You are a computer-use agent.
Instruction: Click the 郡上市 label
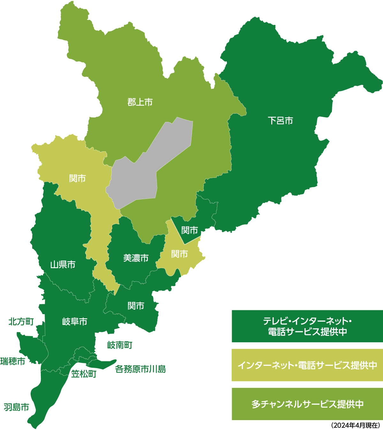[140, 102]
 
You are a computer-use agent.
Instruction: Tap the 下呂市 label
[280, 121]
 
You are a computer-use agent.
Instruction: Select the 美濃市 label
[136, 258]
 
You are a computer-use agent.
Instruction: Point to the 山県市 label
[63, 264]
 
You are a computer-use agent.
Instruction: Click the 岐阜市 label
[74, 321]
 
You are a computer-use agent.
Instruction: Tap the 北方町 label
[21, 321]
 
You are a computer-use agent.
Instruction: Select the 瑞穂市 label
[13, 361]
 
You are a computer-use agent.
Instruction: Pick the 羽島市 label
[16, 407]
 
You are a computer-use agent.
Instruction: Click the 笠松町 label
[84, 374]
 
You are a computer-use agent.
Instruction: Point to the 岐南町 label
[120, 345]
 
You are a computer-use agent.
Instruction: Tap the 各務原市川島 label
[140, 369]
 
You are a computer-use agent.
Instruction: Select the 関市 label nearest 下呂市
[190, 230]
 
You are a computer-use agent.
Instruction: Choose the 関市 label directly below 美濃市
[136, 306]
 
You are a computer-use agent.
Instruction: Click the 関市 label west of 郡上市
[78, 178]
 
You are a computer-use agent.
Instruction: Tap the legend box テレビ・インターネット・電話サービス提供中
[307, 326]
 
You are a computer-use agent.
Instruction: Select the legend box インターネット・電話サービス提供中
[307, 365]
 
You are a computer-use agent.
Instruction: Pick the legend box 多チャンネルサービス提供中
[307, 404]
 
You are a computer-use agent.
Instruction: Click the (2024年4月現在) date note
[355, 426]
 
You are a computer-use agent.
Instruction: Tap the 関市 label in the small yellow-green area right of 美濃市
[179, 254]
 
